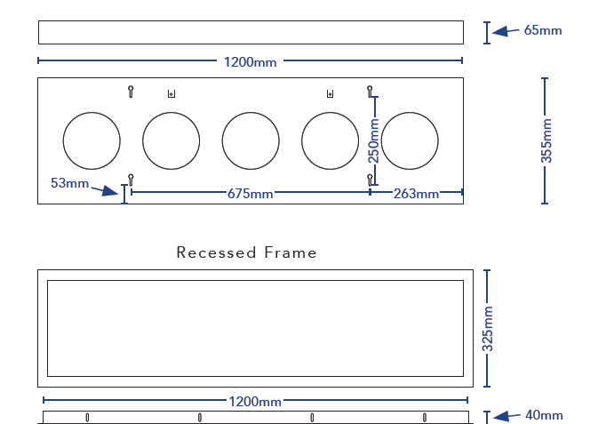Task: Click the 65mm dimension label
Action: pyautogui.click(x=543, y=30)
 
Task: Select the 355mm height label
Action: pyautogui.click(x=546, y=140)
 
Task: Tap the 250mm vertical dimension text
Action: pyautogui.click(x=374, y=140)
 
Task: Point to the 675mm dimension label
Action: pyautogui.click(x=250, y=194)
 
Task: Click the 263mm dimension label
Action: pyautogui.click(x=416, y=194)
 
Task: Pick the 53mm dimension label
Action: pyautogui.click(x=70, y=183)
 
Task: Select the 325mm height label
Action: pyautogui.click(x=487, y=328)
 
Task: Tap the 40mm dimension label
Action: pyautogui.click(x=543, y=415)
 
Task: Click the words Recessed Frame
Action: pyautogui.click(x=246, y=252)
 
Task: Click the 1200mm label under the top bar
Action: pyautogui.click(x=250, y=62)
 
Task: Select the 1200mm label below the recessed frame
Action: pyautogui.click(x=256, y=402)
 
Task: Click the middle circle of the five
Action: pyautogui.click(x=251, y=140)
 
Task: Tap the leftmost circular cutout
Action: pyautogui.click(x=92, y=140)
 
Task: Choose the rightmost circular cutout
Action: pyautogui.click(x=410, y=140)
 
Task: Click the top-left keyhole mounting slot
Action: pyautogui.click(x=131, y=90)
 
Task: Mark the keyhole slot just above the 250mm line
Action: pyautogui.click(x=370, y=90)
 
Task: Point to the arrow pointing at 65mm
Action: pyautogui.click(x=506, y=31)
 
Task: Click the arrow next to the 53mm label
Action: pyautogui.click(x=109, y=189)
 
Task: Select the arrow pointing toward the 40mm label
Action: pyautogui.click(x=506, y=415)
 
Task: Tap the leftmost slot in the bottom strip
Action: pyautogui.click(x=87, y=417)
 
